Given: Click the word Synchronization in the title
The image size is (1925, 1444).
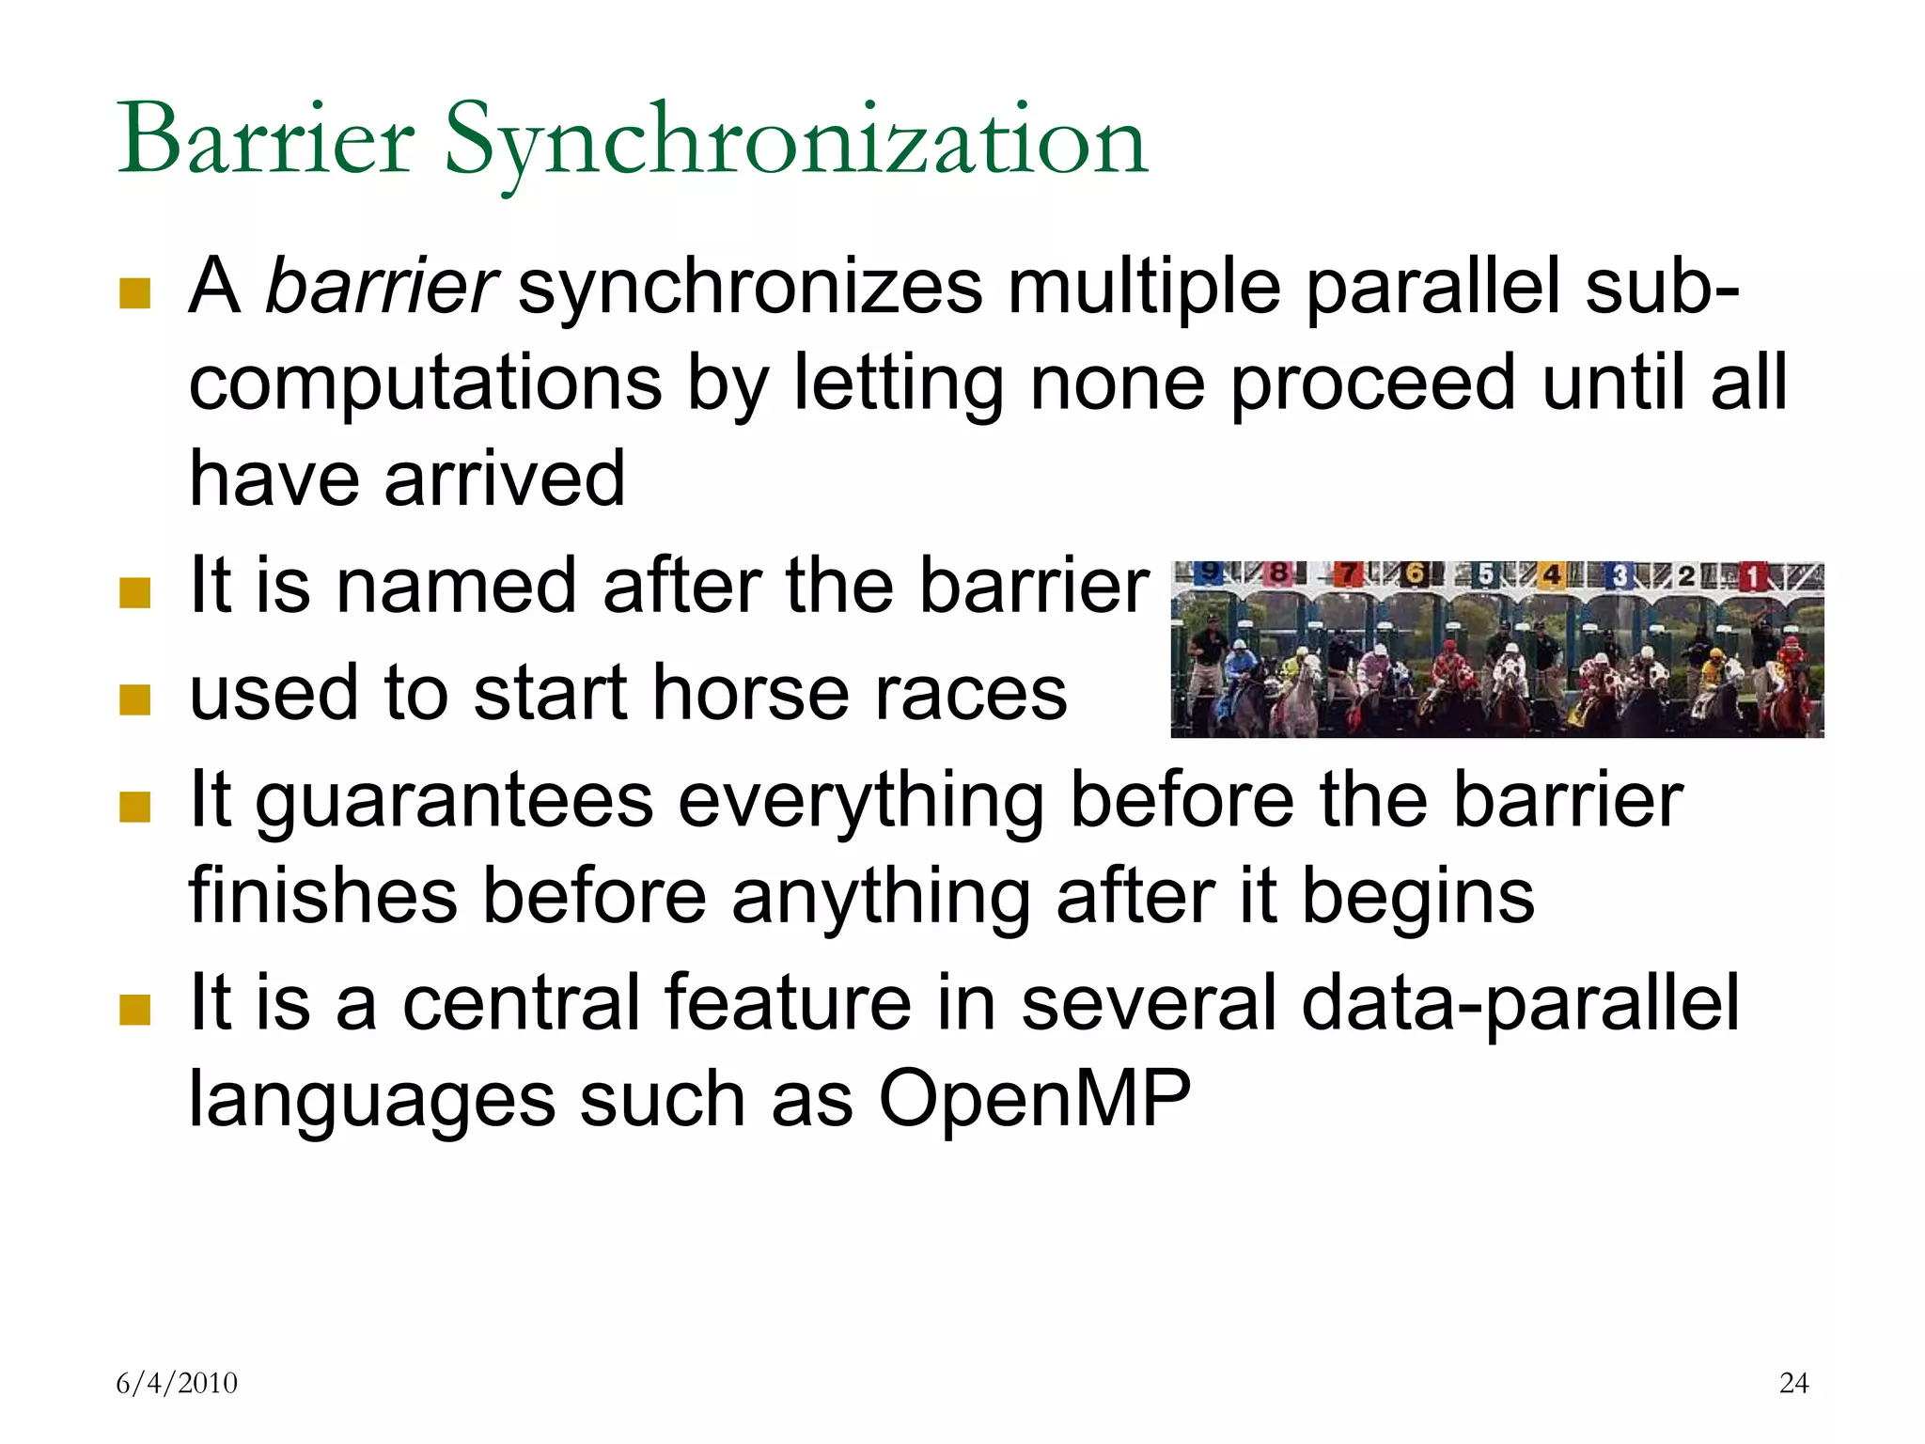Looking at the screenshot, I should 794,141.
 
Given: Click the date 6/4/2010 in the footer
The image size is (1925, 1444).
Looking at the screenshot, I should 177,1383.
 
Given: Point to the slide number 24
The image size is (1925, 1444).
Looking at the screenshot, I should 1793,1383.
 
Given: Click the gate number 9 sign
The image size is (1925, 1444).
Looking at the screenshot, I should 1212,573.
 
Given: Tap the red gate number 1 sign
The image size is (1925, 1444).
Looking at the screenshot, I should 1751,575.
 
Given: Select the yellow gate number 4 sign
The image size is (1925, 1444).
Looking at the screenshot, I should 1551,574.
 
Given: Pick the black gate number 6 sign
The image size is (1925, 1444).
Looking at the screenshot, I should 1414,573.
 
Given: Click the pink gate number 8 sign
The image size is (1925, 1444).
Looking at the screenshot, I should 1278,573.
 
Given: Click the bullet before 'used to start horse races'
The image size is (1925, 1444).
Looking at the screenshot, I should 135,698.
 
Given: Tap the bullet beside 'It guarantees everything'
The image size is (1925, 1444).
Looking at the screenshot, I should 135,806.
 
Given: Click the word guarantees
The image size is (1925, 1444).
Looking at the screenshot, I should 455,800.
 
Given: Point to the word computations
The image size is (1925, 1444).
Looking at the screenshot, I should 426,383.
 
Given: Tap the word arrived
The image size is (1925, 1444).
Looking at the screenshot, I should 504,479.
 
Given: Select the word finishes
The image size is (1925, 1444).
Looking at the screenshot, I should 323,896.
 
